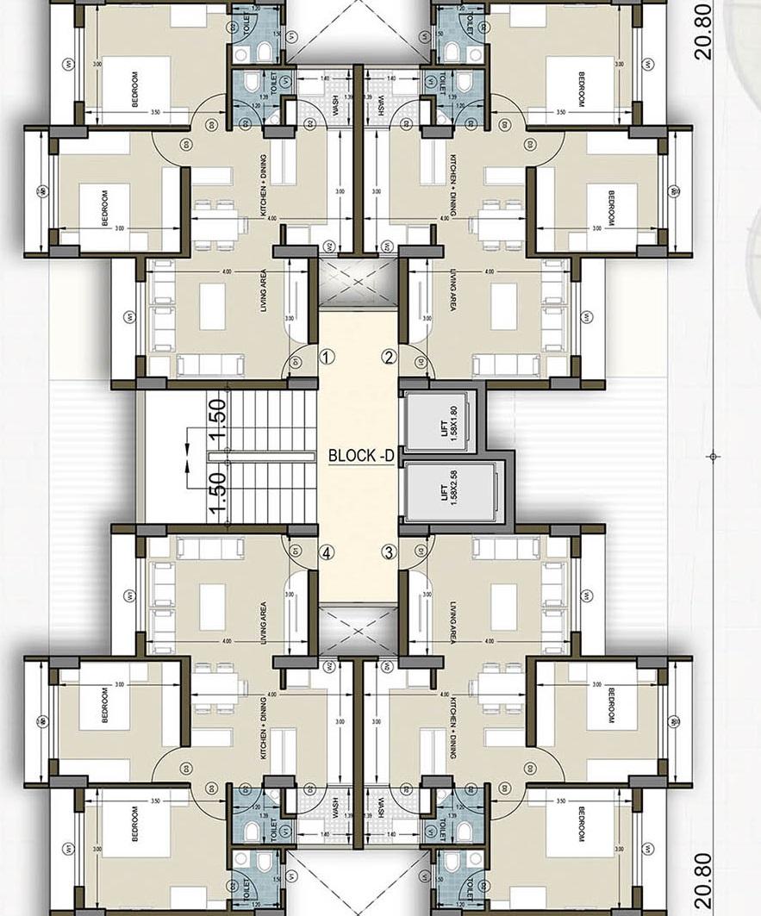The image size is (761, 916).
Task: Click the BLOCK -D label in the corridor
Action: pyautogui.click(x=360, y=456)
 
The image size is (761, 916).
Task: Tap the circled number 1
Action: pyautogui.click(x=327, y=356)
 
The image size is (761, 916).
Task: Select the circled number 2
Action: pyautogui.click(x=390, y=357)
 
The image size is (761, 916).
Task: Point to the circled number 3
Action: pyautogui.click(x=390, y=552)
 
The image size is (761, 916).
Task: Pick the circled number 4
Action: pyautogui.click(x=327, y=552)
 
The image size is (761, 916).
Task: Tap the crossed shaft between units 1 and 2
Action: pyautogui.click(x=358, y=279)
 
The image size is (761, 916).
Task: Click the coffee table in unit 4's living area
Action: pyautogui.click(x=213, y=601)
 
